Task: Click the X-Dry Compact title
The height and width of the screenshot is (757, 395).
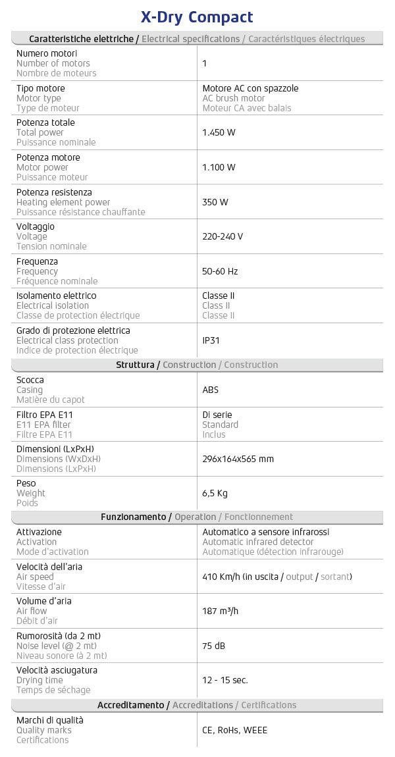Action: point(197,16)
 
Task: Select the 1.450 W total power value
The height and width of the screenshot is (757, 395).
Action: point(219,132)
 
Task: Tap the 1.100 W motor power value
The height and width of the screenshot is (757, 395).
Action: point(219,167)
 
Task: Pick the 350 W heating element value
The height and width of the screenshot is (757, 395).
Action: point(215,202)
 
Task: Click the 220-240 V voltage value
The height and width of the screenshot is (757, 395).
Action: point(223,236)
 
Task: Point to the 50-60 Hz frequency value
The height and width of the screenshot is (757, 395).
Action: point(220,271)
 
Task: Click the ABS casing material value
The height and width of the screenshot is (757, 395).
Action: point(211,390)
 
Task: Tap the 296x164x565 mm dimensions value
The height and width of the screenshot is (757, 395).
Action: point(238,459)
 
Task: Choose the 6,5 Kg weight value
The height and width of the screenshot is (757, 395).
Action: point(215,493)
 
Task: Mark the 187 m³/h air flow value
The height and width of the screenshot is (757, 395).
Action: point(220,611)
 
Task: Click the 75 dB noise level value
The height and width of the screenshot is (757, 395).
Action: point(214,646)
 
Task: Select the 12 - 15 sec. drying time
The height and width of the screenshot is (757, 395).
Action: point(225,680)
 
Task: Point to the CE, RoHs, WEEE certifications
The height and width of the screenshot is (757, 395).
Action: point(234,730)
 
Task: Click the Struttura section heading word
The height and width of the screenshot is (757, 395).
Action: point(135,365)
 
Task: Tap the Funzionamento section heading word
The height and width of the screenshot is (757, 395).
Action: point(132,517)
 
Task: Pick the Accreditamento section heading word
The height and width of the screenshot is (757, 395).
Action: point(130,705)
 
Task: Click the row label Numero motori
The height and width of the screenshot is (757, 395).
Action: point(47,53)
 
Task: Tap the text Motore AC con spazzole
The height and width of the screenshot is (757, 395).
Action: point(246,88)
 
